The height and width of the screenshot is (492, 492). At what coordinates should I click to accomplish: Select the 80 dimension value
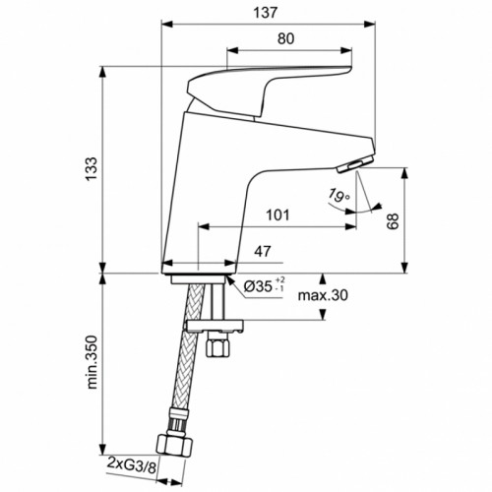tap(285, 40)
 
